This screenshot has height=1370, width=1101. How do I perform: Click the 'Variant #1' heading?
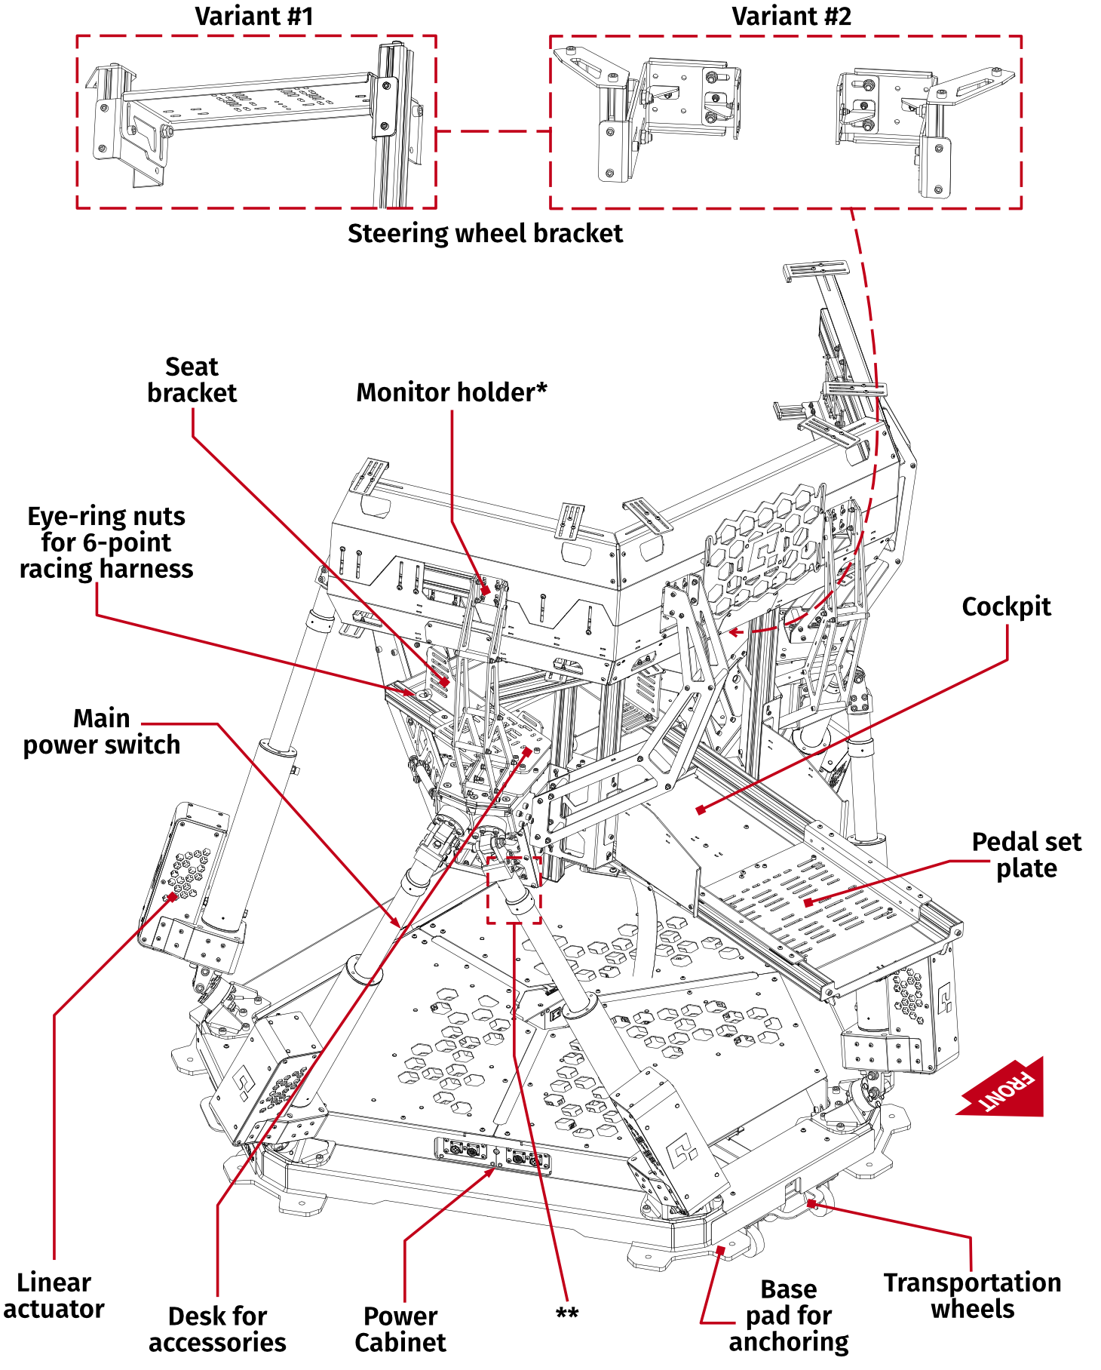tap(253, 17)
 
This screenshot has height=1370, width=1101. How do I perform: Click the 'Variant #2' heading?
tap(791, 17)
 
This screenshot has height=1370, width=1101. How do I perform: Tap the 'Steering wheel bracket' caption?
tap(485, 234)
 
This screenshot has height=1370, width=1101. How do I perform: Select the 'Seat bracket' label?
tap(192, 380)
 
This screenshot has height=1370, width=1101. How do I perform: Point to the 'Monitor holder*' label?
tap(451, 393)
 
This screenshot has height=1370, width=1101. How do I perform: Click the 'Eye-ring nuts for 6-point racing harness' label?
tap(106, 542)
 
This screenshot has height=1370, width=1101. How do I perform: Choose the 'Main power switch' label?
tap(101, 732)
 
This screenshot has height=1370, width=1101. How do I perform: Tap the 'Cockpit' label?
tap(1006, 607)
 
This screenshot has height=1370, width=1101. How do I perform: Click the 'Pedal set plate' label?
tap(1026, 855)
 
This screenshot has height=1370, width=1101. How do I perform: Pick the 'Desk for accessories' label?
tap(217, 1329)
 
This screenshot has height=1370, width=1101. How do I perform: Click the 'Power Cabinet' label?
tap(400, 1329)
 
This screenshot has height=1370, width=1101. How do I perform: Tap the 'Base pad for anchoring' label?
tap(788, 1316)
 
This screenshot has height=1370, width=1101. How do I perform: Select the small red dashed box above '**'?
tap(514, 890)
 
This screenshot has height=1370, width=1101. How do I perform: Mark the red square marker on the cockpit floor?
tap(701, 809)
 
